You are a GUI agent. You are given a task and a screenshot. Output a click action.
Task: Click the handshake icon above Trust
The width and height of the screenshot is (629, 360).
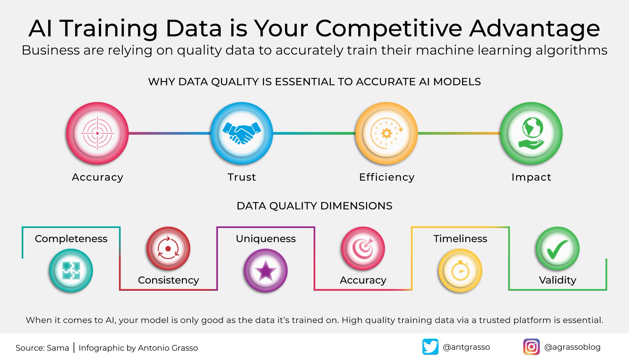242,133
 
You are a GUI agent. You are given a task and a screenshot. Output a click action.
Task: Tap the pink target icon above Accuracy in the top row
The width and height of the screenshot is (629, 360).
97,133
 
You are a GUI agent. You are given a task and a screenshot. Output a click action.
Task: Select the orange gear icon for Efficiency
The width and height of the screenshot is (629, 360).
386,133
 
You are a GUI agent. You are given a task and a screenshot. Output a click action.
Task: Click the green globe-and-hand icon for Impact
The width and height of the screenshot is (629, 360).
531,133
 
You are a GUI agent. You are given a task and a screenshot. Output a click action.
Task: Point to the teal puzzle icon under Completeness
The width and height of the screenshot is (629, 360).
71,270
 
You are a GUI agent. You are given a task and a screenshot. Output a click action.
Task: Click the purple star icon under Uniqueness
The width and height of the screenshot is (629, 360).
266,270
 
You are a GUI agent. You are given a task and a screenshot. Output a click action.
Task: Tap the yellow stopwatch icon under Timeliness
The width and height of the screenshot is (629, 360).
460,270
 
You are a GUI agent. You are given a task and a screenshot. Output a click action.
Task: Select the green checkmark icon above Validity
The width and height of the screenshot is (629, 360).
557,248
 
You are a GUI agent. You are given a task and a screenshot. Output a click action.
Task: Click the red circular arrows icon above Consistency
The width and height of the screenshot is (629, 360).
168,248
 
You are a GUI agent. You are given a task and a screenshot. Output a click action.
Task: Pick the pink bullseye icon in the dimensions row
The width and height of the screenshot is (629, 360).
363,248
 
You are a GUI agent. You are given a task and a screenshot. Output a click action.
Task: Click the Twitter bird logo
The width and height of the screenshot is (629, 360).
430,347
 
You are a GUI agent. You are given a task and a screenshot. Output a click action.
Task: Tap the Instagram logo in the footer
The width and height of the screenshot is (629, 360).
531,347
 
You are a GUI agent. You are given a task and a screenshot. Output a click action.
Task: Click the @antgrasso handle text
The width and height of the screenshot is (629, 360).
466,347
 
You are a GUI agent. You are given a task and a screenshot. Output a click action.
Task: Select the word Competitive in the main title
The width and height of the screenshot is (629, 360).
389,29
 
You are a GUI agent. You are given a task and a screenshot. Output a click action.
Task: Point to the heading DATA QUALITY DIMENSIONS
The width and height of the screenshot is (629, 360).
314,206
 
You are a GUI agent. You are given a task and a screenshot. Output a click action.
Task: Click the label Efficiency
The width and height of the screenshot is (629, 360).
387,177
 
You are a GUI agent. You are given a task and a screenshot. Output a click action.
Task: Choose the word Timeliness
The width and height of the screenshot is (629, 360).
460,239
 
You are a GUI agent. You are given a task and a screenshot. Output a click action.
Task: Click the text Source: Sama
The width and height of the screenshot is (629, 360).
42,348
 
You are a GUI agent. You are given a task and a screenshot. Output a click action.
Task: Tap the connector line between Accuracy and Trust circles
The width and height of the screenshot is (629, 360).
169,133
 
